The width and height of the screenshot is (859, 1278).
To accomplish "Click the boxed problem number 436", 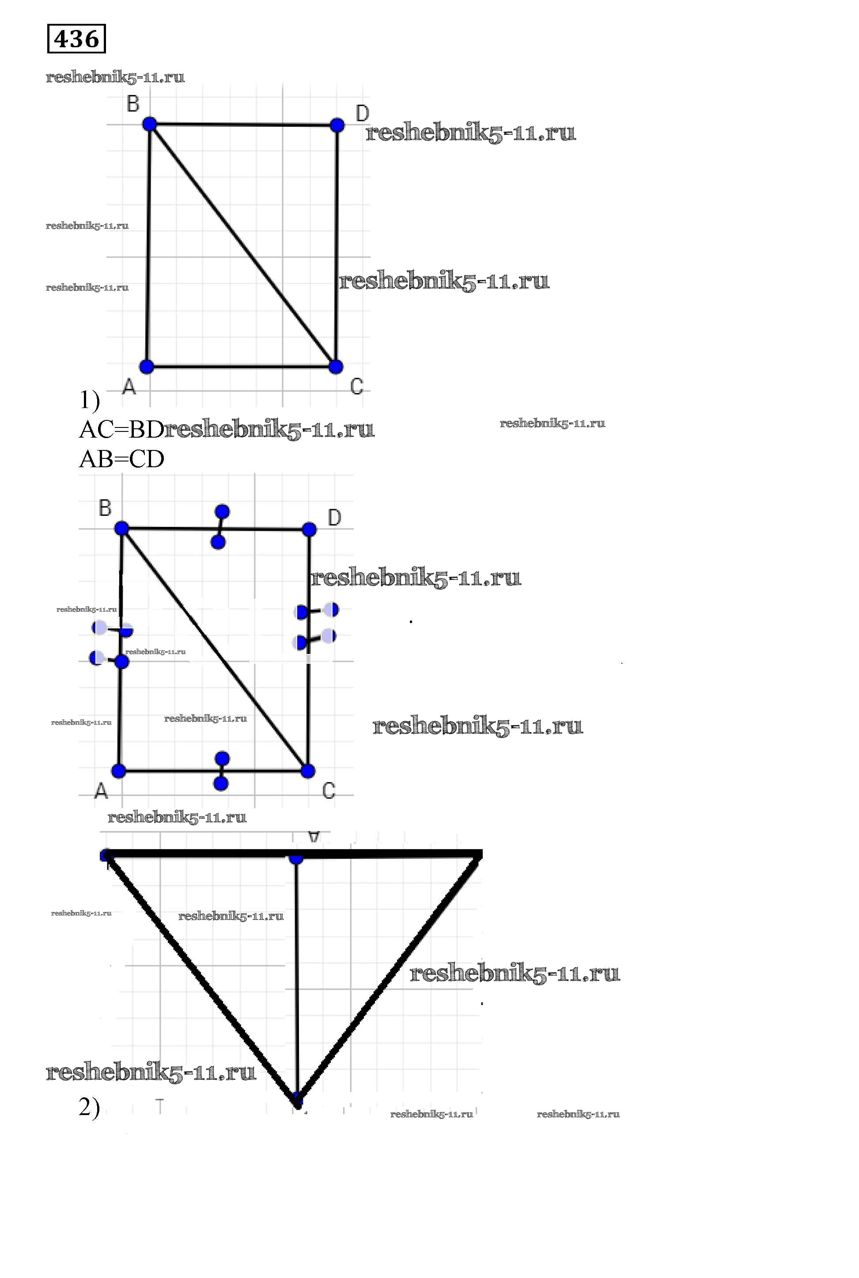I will coord(76,39).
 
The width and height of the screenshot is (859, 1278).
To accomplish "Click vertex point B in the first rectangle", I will coord(150,125).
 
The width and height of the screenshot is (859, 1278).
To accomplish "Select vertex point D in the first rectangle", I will coord(337,125).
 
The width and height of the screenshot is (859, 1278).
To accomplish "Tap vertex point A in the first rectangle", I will coord(146,367).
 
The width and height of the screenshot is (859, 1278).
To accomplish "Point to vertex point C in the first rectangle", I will coord(336,367).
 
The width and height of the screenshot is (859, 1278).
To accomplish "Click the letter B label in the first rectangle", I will coord(133,103).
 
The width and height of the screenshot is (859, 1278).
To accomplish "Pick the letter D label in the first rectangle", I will coord(362,113).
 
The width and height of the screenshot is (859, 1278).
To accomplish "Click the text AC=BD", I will coord(121,430).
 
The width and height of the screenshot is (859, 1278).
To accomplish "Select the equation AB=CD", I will coord(121,459).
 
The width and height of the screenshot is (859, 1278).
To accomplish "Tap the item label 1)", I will coord(90,400).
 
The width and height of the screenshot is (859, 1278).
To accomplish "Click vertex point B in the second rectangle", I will coord(121,529).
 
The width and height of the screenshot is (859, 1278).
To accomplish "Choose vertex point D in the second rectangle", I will coord(309,529).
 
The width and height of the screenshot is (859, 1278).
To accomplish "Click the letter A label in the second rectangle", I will coord(101,790).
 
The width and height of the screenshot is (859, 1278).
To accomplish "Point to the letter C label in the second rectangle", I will coord(329,790).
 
